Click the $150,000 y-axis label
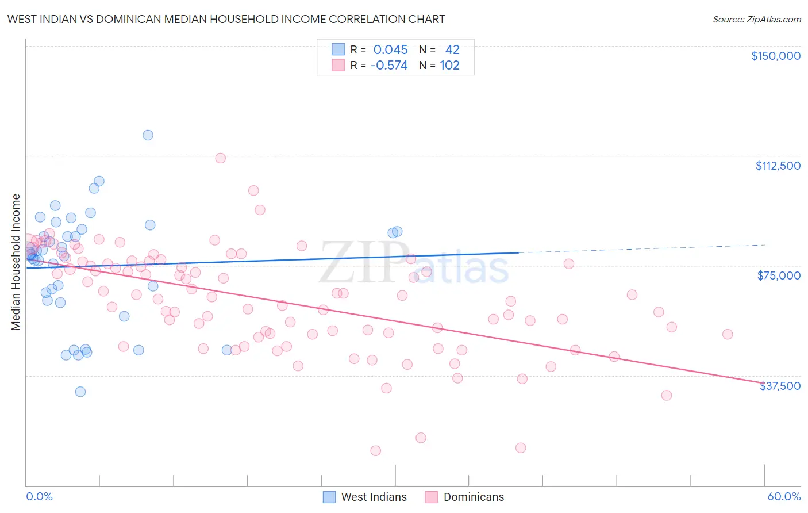[x=775, y=56]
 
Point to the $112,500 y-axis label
[x=778, y=166]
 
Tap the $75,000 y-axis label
[x=779, y=275]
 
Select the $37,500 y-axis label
[x=780, y=386]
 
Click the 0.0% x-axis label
[x=39, y=496]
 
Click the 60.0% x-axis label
[x=784, y=496]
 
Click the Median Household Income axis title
[x=16, y=262]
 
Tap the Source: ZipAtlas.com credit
[x=756, y=20]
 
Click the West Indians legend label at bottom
[x=374, y=497]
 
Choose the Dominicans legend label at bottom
[x=474, y=497]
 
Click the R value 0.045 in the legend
[x=390, y=50]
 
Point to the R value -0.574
[x=389, y=66]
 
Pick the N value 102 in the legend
[x=449, y=66]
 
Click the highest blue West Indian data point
[x=148, y=135]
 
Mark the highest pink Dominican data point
[x=220, y=158]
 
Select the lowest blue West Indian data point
[x=80, y=392]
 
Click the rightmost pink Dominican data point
[x=728, y=334]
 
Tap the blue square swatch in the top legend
[x=338, y=50]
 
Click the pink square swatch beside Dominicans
[x=431, y=497]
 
